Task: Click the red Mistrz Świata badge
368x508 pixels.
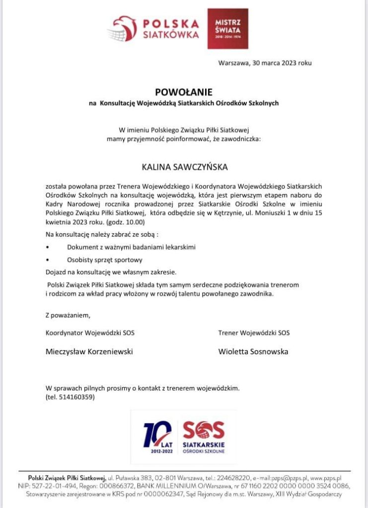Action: (228, 28)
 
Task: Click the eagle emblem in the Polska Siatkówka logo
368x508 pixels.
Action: (122, 29)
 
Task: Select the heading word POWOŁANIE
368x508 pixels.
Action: (184, 92)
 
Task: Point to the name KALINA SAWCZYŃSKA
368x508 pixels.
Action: (184, 167)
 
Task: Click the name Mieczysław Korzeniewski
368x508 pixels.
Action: (89, 351)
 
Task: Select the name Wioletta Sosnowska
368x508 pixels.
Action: (253, 351)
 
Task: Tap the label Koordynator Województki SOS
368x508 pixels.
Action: (90, 332)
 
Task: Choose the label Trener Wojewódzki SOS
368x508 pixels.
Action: (254, 332)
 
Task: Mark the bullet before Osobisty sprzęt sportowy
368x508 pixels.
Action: (47, 259)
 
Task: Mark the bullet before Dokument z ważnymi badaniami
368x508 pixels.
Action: (47, 247)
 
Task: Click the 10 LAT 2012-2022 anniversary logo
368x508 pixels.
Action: (157, 437)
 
